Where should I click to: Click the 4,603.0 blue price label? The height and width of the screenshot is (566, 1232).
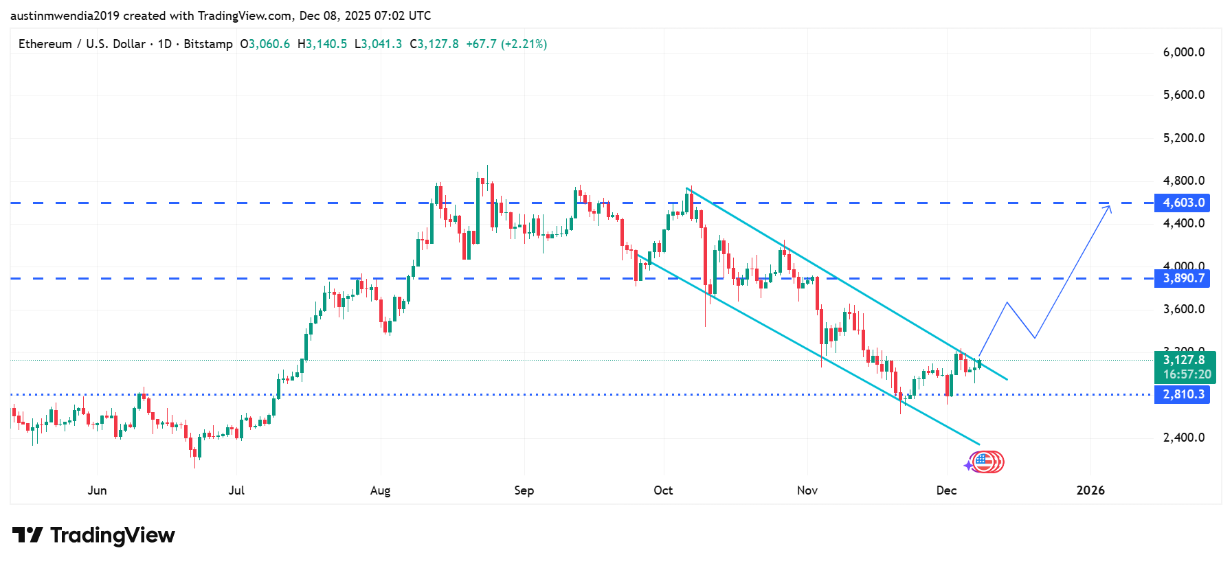(x=1183, y=203)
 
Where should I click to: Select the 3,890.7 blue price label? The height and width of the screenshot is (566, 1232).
(x=1183, y=278)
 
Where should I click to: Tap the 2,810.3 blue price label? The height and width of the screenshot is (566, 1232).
(x=1183, y=394)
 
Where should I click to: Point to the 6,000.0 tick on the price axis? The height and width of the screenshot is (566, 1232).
(x=1184, y=52)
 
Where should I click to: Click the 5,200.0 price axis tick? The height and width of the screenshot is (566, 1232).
(x=1184, y=138)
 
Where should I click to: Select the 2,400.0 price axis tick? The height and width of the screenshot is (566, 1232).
(x=1184, y=438)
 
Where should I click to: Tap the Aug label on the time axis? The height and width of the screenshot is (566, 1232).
(x=380, y=490)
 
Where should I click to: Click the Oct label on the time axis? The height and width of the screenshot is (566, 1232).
(x=663, y=490)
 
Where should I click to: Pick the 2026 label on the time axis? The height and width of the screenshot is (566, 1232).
(x=1090, y=490)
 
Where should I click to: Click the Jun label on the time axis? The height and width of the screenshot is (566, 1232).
(x=98, y=490)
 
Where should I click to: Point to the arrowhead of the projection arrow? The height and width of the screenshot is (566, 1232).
(x=1109, y=207)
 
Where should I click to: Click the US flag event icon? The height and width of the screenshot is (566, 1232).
(x=983, y=462)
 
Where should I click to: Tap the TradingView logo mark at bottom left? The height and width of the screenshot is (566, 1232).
(x=27, y=535)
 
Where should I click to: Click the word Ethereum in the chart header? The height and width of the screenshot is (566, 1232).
(x=45, y=44)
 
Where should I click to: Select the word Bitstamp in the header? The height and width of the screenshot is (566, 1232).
(x=208, y=44)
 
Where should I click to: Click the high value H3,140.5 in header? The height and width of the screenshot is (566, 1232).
(x=322, y=44)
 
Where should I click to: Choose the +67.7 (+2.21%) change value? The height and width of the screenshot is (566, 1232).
(x=506, y=44)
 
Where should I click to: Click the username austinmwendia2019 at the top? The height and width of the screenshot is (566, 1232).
(x=65, y=16)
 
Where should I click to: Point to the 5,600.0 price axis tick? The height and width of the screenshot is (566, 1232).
(x=1184, y=95)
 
